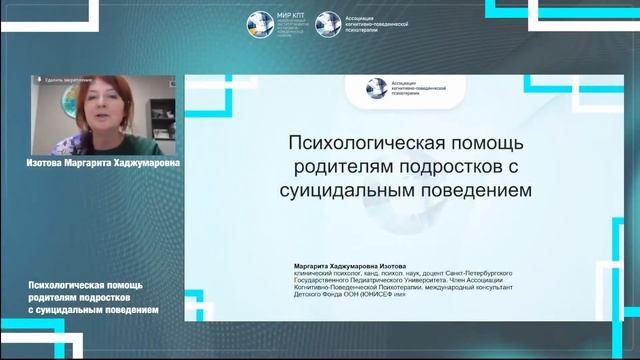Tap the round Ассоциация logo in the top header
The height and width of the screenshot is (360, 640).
click(x=327, y=23)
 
